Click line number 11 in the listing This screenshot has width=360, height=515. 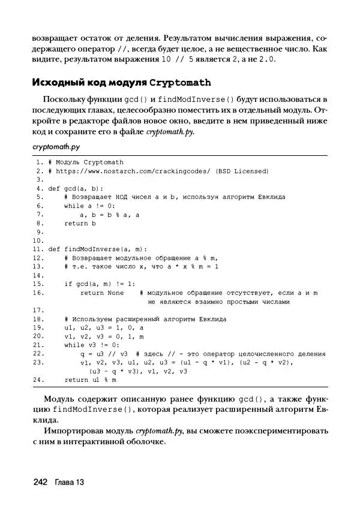pyautogui.click(x=37, y=249)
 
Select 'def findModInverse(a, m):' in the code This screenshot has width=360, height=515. pyautogui.click(x=97, y=249)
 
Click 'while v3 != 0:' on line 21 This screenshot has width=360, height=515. pyautogui.click(x=92, y=345)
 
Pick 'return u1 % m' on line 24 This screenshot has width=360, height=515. pyautogui.click(x=90, y=380)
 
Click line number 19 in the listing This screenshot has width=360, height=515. pyautogui.click(x=37, y=327)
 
